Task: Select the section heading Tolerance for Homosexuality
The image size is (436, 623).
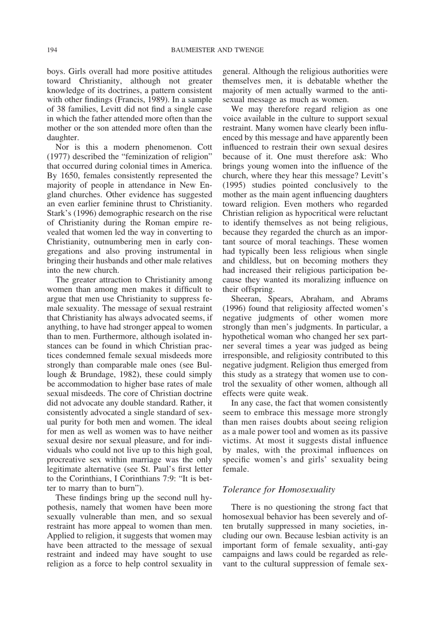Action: click(x=279, y=489)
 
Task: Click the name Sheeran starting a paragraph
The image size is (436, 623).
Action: click(x=246, y=299)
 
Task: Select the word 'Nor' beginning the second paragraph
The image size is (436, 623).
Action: click(x=62, y=147)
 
